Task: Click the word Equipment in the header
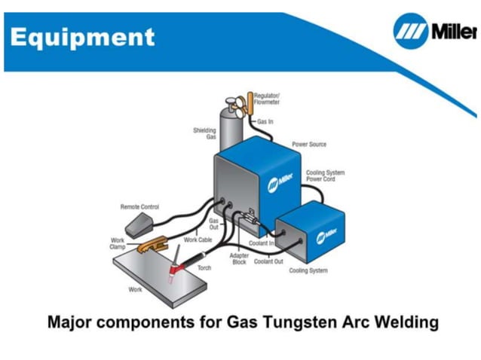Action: (x=83, y=36)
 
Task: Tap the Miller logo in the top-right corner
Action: (x=435, y=32)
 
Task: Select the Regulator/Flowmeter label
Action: (x=267, y=99)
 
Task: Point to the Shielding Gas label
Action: (x=204, y=133)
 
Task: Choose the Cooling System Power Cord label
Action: (x=325, y=176)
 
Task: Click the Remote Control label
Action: (x=139, y=206)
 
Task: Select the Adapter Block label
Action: (x=238, y=258)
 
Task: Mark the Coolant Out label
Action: (x=268, y=261)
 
